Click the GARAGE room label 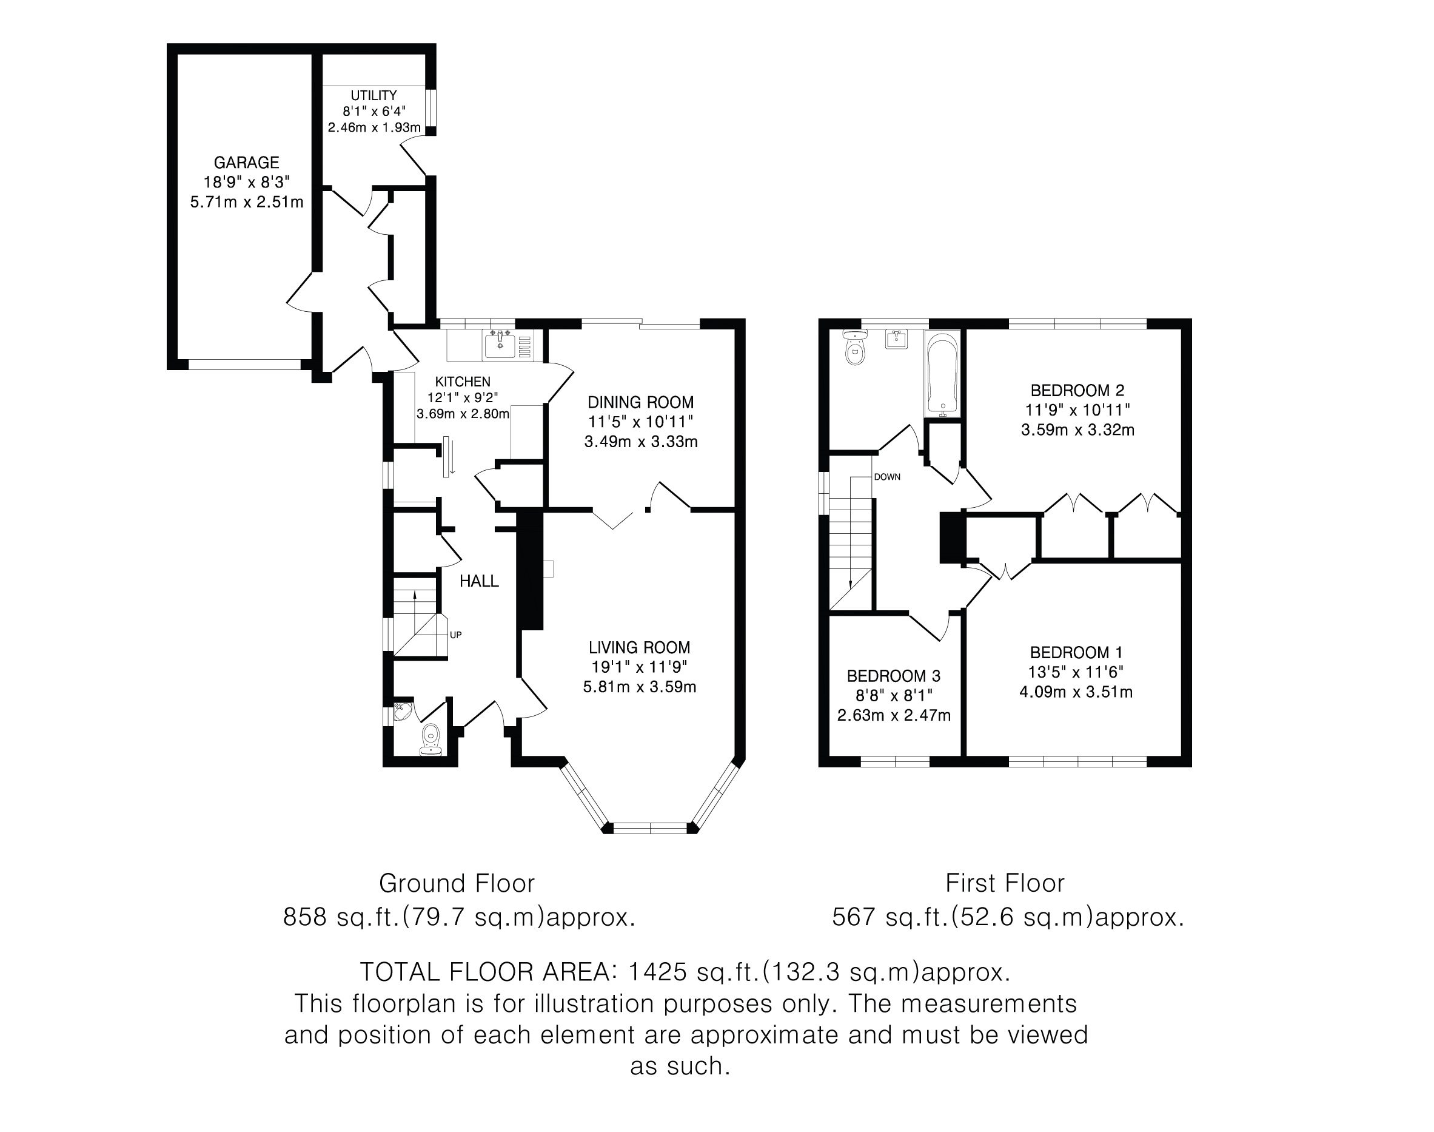(x=246, y=163)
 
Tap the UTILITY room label (x=374, y=95)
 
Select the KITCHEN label (x=463, y=382)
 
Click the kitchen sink (x=500, y=345)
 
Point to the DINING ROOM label (x=640, y=402)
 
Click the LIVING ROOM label (x=639, y=647)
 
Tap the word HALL (x=479, y=581)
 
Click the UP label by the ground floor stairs (x=456, y=635)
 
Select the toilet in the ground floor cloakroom (x=431, y=739)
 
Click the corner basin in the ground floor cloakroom (x=401, y=710)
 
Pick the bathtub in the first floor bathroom (x=942, y=374)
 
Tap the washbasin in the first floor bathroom (x=896, y=339)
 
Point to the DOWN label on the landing (x=887, y=477)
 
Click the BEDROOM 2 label (x=1077, y=390)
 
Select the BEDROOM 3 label (x=894, y=676)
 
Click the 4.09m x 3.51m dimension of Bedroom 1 (x=1076, y=692)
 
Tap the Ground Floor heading (x=457, y=883)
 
